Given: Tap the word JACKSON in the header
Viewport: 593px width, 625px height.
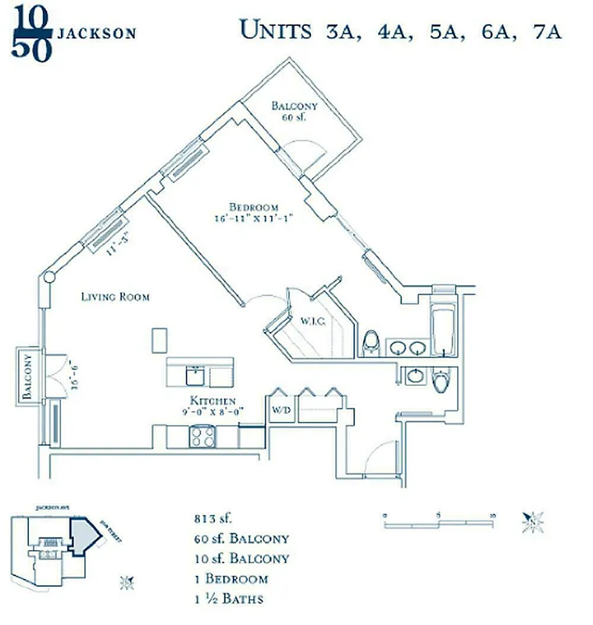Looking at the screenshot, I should [98, 34].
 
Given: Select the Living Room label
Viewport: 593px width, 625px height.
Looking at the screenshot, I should [116, 297].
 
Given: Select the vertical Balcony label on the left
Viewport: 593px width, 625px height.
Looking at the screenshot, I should [27, 377].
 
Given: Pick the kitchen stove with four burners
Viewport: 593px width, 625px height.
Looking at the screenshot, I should [202, 436].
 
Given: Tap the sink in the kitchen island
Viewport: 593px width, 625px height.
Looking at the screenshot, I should [195, 376].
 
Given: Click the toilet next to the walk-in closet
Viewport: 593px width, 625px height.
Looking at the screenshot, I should [373, 342].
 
